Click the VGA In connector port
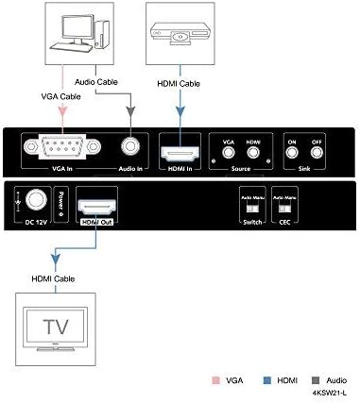click(60, 147)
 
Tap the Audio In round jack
click(129, 147)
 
